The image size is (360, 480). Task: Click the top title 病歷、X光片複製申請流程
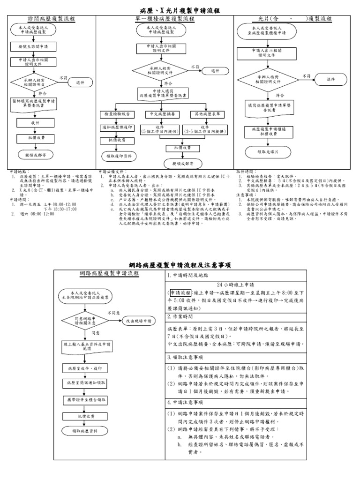(180, 10)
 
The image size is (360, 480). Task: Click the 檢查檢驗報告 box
(117, 114)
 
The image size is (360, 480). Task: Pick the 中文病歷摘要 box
(160, 114)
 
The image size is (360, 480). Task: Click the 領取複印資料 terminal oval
(117, 156)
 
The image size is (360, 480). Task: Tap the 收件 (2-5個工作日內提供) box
(205, 129)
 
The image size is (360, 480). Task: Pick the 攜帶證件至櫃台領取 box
(85, 400)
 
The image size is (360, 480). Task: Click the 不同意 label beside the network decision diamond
(114, 312)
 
